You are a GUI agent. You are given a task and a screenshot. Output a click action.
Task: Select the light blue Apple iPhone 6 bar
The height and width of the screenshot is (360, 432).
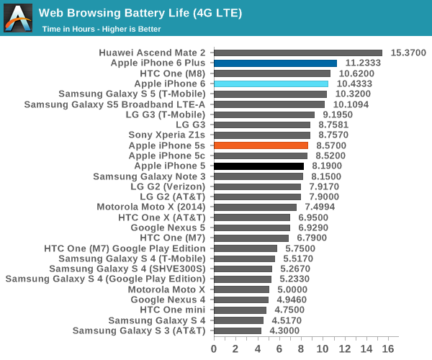point(271,84)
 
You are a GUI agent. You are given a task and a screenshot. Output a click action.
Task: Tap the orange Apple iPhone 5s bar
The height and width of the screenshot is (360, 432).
point(261,145)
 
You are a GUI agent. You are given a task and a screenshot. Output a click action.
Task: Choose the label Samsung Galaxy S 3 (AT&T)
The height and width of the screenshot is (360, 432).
point(139,331)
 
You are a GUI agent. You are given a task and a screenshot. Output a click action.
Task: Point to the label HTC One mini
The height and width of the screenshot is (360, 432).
point(173,310)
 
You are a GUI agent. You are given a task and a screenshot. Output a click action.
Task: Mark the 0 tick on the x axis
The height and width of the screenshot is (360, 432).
point(214,349)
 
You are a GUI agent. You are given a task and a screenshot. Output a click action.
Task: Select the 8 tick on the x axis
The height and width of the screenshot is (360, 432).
point(302,349)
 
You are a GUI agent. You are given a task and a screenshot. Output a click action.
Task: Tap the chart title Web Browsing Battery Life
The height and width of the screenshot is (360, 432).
point(140,13)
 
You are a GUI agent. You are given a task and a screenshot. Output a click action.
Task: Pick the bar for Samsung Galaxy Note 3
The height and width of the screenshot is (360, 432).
point(258,176)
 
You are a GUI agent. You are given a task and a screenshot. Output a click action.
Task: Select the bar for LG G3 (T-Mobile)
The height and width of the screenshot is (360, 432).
point(264,114)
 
